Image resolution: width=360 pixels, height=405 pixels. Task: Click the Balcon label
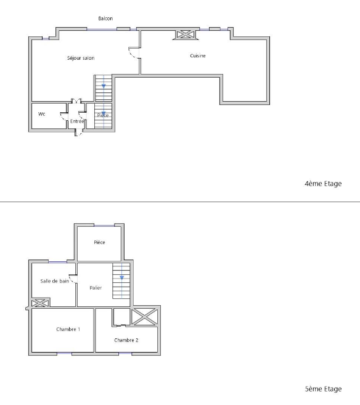[x=105, y=18]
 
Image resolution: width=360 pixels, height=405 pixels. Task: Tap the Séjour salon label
[x=81, y=58]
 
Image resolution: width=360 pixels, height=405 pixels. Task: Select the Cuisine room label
[x=198, y=55]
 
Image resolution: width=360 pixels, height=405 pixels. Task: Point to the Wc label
[x=41, y=114]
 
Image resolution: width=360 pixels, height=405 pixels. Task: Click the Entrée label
[x=77, y=121]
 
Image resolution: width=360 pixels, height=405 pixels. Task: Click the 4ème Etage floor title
[x=323, y=184]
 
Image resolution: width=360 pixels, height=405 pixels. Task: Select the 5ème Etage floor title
[x=324, y=389]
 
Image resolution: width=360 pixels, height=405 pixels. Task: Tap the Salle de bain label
[x=54, y=281]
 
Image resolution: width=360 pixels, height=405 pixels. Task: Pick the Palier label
[x=96, y=288]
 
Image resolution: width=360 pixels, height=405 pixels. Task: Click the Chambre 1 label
[x=68, y=329]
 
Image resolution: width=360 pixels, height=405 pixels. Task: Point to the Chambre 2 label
[x=126, y=340]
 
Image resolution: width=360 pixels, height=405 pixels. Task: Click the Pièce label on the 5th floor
[x=99, y=242]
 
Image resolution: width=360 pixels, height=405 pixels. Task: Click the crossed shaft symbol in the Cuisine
[x=186, y=35]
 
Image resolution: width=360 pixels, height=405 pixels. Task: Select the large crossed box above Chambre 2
[x=144, y=317]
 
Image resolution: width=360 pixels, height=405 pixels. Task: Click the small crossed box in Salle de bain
[x=39, y=303]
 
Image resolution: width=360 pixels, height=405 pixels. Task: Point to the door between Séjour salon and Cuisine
[x=134, y=52]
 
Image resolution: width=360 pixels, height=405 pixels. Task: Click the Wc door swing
[x=63, y=117]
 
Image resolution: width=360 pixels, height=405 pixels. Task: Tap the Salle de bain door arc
[x=73, y=279]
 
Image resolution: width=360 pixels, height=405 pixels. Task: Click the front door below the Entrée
[x=79, y=133]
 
